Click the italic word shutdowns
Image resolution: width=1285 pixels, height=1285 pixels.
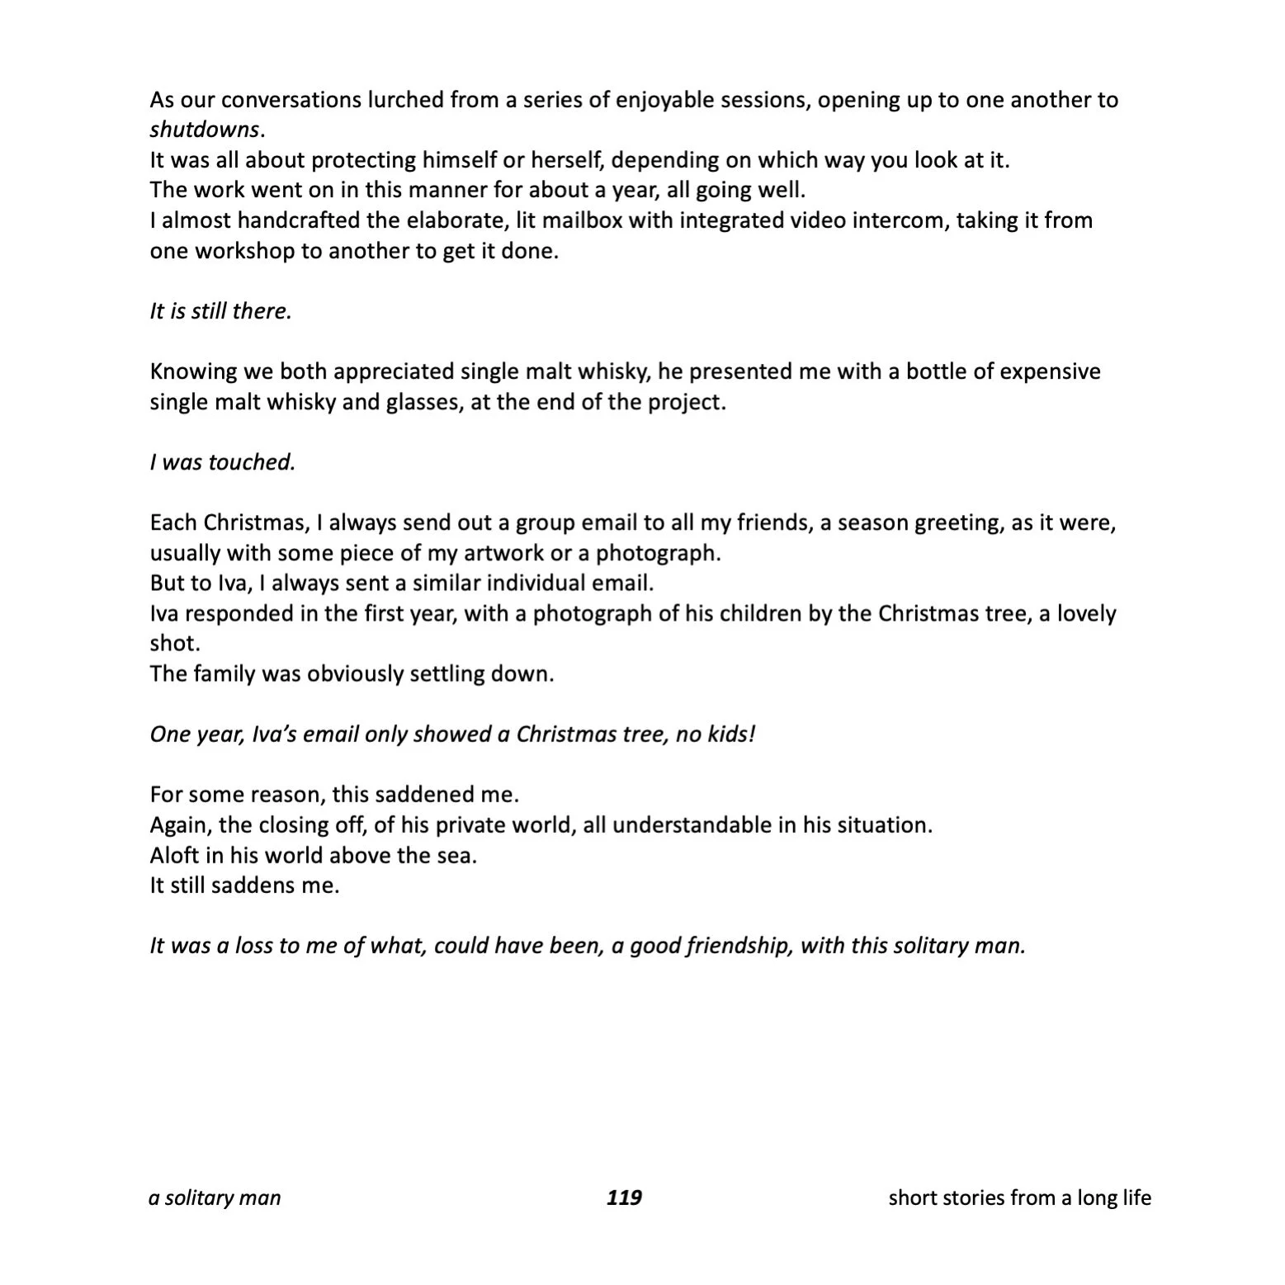point(204,130)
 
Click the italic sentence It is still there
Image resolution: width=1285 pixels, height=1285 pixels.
point(220,311)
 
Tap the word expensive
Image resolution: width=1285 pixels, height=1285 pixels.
point(1050,371)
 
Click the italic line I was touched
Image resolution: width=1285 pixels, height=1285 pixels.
point(222,462)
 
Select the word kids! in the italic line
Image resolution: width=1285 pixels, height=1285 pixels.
point(731,734)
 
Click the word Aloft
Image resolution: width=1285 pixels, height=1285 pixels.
point(174,855)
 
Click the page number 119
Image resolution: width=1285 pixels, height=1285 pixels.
point(624,1198)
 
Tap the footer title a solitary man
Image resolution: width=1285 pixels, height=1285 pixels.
point(215,1198)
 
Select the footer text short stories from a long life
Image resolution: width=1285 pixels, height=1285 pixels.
point(1019,1198)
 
